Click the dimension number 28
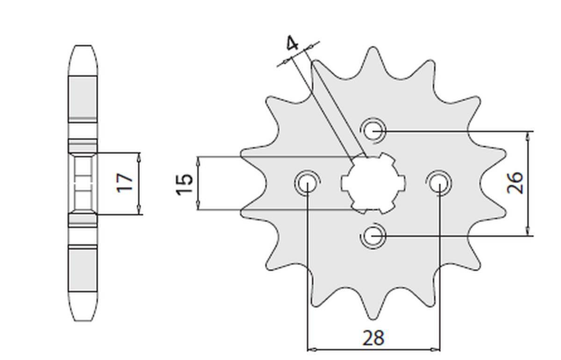(373, 337)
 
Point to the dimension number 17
(125, 182)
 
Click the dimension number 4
(292, 44)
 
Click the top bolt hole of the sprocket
(373, 130)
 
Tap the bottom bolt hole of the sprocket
(373, 235)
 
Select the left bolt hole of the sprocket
(307, 182)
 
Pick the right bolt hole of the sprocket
(439, 182)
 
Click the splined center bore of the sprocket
(373, 182)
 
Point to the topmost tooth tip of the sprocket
(373, 49)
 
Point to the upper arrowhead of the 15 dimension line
(199, 160)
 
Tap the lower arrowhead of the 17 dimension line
(139, 211)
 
